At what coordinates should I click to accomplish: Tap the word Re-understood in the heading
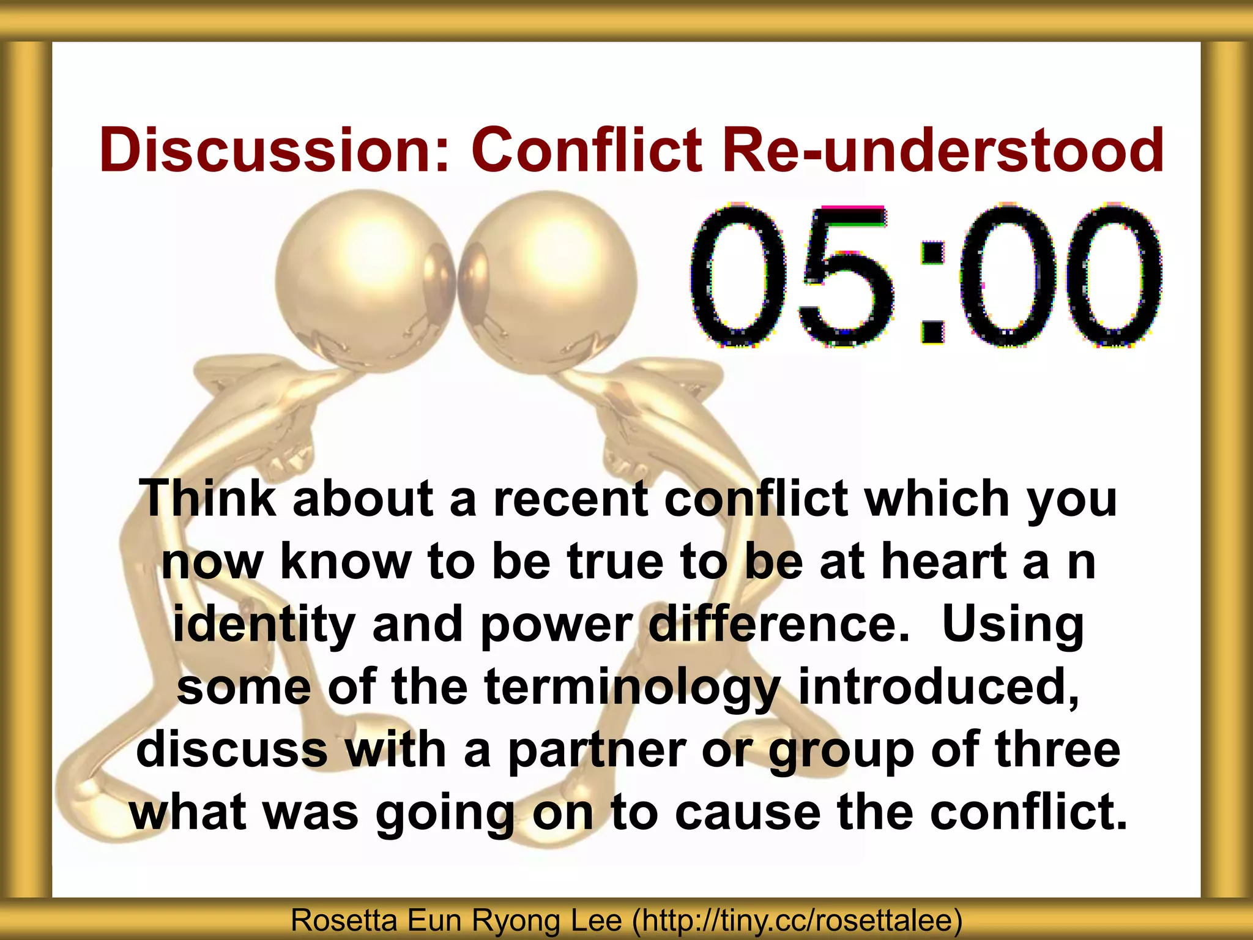tap(942, 150)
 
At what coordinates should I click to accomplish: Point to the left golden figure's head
tap(365, 282)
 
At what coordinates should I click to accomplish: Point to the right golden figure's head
tap(548, 282)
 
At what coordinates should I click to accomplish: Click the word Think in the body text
tap(207, 498)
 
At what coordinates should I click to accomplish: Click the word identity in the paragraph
tap(264, 624)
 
